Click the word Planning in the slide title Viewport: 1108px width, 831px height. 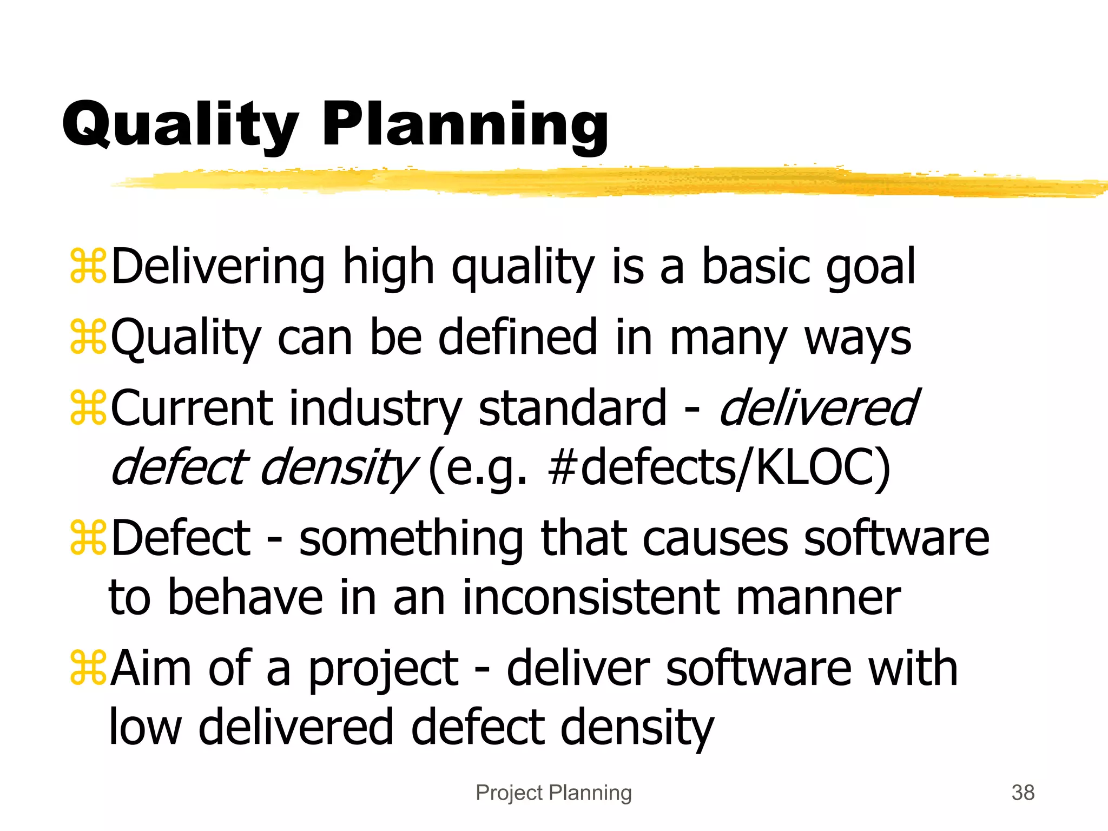pos(465,126)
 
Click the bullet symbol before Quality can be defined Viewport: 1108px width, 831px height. pos(88,337)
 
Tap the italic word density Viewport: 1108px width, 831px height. pos(338,467)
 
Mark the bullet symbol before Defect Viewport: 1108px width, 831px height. pos(88,538)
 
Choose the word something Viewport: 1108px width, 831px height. pos(411,539)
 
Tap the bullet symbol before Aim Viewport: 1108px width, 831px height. pos(88,668)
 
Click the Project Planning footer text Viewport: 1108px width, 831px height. pos(553,793)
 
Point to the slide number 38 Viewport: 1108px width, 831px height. pos(1023,793)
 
